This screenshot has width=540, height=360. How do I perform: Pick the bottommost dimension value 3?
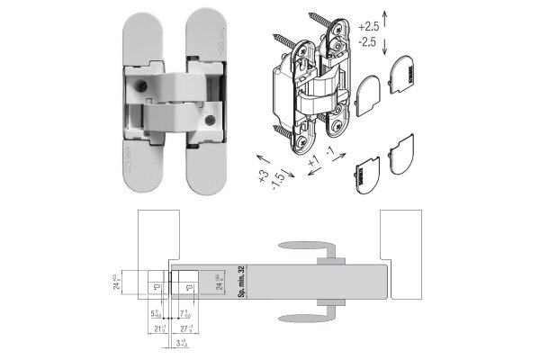(x=181, y=343)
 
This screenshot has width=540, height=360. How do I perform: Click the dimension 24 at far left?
(x=117, y=283)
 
